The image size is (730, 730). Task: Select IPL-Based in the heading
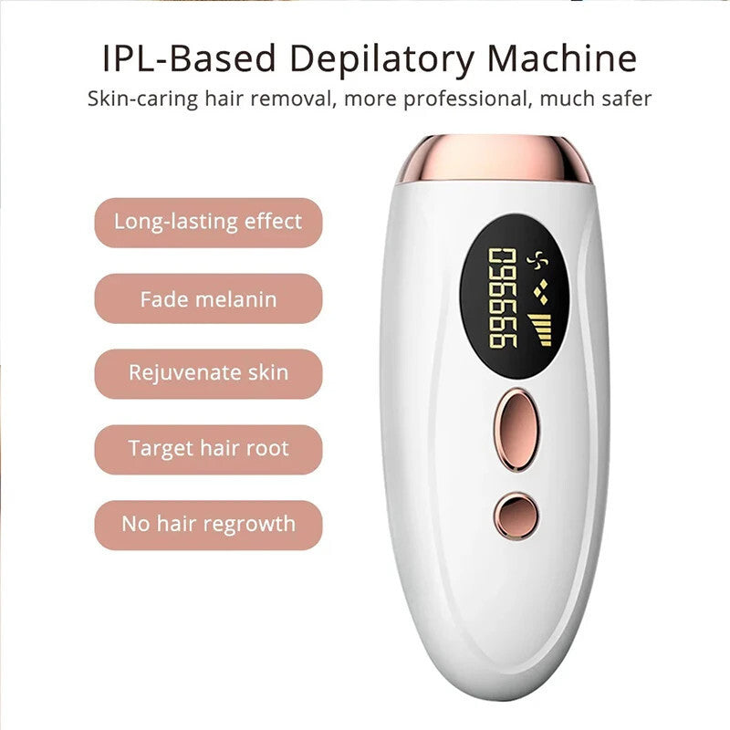[189, 58]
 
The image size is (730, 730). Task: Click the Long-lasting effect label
[208, 223]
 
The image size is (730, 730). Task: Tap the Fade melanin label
[208, 299]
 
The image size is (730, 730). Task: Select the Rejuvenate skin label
[208, 374]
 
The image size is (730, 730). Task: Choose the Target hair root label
[208, 450]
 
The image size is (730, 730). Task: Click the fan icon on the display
[537, 261]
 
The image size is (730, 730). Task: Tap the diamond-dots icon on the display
[540, 292]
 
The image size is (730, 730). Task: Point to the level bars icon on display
[540, 329]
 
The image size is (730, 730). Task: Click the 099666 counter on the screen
[503, 297]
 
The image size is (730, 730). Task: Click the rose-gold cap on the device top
[494, 158]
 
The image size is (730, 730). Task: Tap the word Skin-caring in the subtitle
[143, 99]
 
